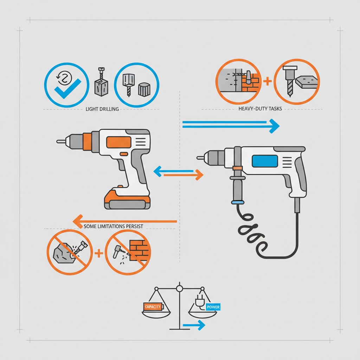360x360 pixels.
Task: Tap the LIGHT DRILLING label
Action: click(x=102, y=109)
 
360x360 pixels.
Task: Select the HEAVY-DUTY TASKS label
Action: click(x=260, y=109)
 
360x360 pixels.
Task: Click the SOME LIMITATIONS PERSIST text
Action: click(x=113, y=226)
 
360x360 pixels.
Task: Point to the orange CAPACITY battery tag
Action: click(x=153, y=307)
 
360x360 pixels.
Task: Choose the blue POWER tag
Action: click(x=213, y=307)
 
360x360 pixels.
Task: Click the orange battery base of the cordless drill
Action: click(x=127, y=199)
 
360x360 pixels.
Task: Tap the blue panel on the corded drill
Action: click(x=265, y=161)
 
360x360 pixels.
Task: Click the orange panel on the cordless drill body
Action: click(x=119, y=142)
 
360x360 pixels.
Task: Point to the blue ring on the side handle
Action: click(x=237, y=202)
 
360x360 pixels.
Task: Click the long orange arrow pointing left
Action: click(x=125, y=221)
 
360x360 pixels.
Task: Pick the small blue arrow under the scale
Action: click(x=194, y=325)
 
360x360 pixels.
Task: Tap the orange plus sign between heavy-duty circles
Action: click(x=267, y=81)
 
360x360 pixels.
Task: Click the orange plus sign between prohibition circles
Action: click(x=99, y=253)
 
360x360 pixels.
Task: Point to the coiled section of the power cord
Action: click(x=251, y=232)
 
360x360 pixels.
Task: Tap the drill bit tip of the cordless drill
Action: click(x=57, y=141)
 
